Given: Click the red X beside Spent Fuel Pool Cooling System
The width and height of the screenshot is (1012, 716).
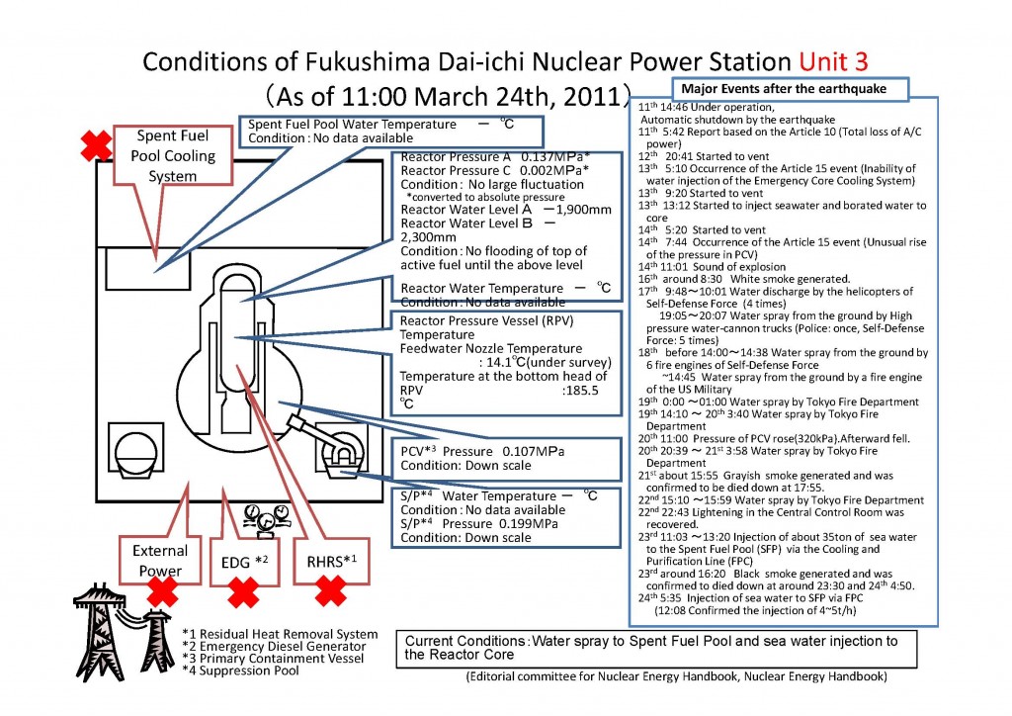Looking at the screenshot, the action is [96, 146].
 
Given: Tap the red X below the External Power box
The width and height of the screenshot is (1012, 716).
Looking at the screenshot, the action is [161, 591].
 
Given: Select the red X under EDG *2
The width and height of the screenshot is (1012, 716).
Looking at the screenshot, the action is [243, 592].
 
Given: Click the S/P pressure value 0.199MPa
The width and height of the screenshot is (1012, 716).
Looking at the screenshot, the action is [499, 523].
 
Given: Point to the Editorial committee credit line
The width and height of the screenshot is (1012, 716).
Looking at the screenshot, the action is [676, 677].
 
